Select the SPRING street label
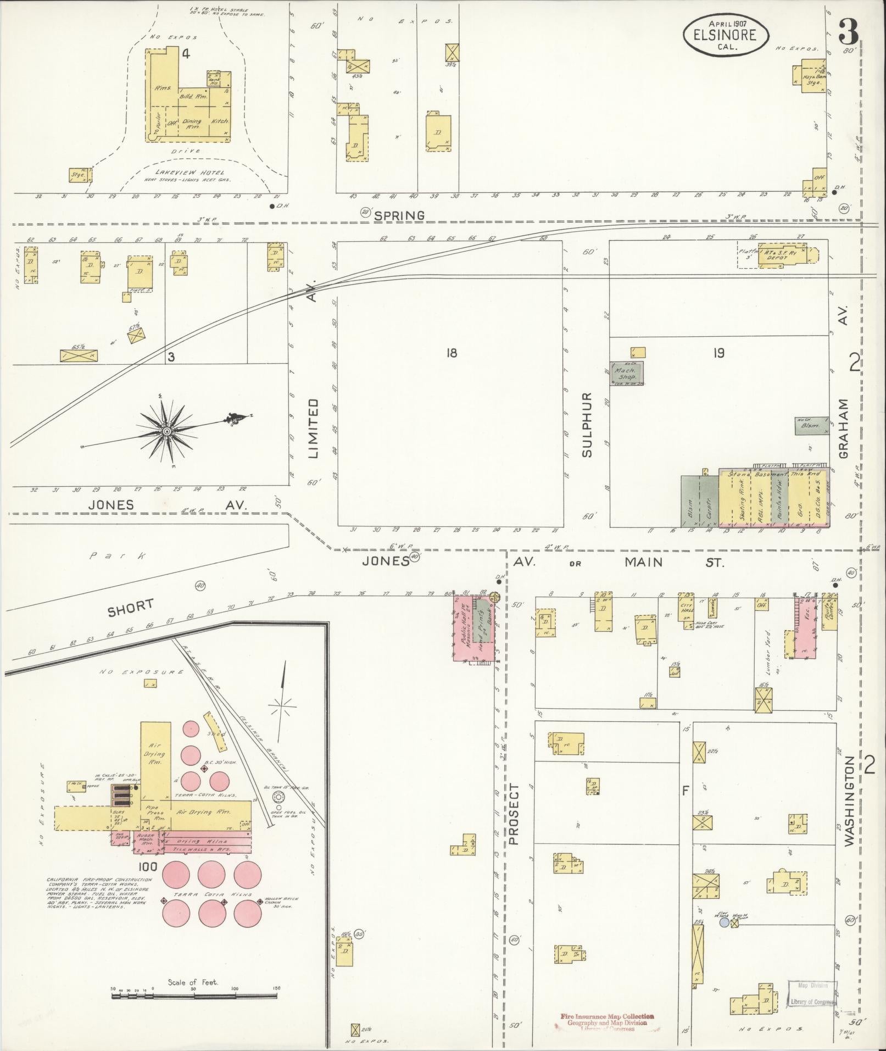point(399,215)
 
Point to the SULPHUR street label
point(587,424)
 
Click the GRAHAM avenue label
point(844,428)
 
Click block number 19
point(718,353)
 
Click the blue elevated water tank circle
point(724,924)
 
